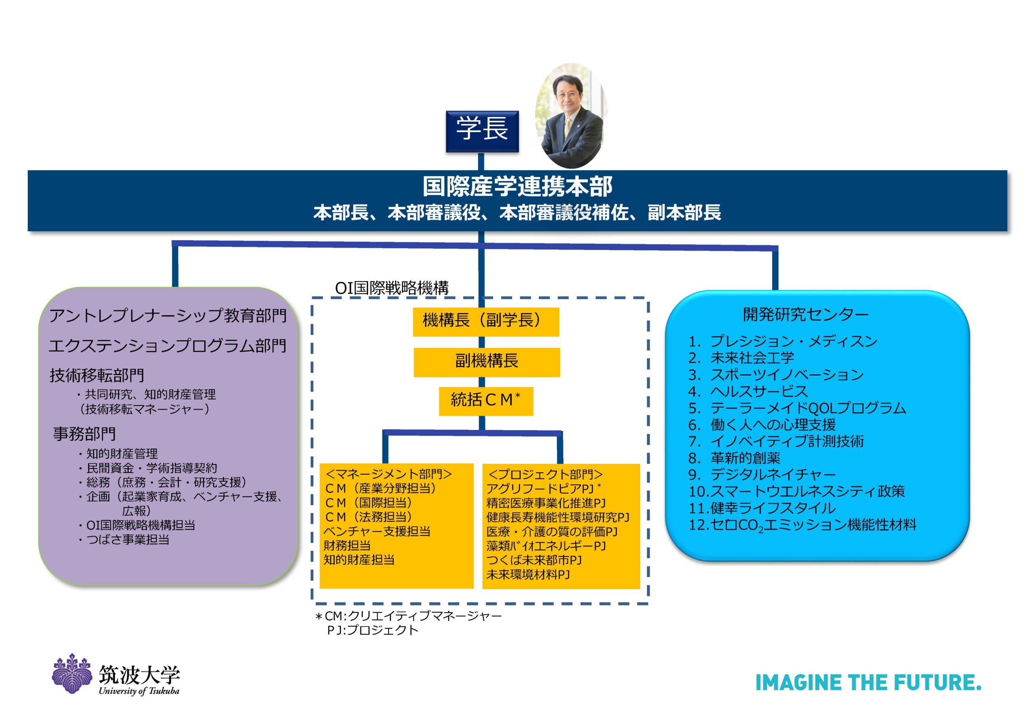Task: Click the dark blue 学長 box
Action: click(x=482, y=131)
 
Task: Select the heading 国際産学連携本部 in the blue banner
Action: click(x=517, y=186)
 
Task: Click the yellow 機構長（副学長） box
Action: click(x=486, y=321)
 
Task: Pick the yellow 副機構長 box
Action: click(x=487, y=362)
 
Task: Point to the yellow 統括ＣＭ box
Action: click(x=486, y=401)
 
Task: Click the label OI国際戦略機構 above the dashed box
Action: click(x=392, y=288)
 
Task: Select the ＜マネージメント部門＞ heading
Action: click(x=389, y=474)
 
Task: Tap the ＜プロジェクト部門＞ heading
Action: click(x=545, y=474)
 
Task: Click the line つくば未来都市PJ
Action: click(x=534, y=560)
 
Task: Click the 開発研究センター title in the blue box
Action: click(x=806, y=314)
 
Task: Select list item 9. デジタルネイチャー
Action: click(x=762, y=474)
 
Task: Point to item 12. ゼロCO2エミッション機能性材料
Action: click(x=803, y=525)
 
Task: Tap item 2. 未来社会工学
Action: click(x=741, y=358)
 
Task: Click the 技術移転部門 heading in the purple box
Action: click(x=97, y=375)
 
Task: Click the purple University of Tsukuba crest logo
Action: click(x=71, y=674)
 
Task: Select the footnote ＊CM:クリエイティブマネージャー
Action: click(x=408, y=616)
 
